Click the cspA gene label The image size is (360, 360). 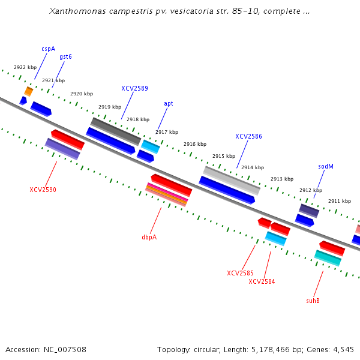48,49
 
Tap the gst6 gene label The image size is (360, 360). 65,56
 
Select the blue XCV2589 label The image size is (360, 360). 134,88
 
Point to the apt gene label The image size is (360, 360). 169,103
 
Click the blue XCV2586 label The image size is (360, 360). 248,136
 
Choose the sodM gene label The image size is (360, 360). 325,166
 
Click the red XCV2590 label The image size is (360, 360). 43,190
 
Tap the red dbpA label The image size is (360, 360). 149,237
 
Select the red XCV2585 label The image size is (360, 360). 240,273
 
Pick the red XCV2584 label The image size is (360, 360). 262,281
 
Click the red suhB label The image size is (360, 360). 313,301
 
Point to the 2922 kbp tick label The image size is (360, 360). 25,67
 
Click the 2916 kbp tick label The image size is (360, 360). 195,144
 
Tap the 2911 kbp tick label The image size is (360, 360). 340,201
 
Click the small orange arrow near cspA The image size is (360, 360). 28,91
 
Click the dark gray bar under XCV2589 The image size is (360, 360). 116,131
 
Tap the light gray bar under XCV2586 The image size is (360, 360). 232,180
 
